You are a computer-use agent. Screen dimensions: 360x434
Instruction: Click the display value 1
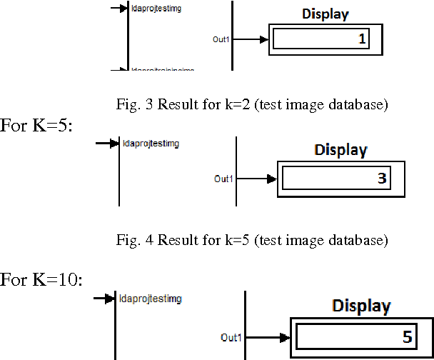[x=362, y=40]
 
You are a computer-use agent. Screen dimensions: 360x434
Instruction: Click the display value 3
[x=382, y=179]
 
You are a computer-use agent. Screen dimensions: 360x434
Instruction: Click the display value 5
[x=406, y=337]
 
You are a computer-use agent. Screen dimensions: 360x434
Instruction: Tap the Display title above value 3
[x=340, y=150]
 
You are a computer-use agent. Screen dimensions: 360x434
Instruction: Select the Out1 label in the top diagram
[x=221, y=40]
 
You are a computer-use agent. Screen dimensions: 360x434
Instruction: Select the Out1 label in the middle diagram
[x=223, y=179]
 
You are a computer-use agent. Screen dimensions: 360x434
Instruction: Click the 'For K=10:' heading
[x=41, y=279]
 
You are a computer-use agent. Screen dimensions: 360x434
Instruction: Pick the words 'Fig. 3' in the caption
[x=130, y=105]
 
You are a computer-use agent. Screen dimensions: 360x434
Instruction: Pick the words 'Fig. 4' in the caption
[x=130, y=240]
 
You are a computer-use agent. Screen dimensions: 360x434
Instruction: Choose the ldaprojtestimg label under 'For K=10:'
[x=151, y=298]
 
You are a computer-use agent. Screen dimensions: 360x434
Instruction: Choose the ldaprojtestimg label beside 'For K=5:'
[x=150, y=144]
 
